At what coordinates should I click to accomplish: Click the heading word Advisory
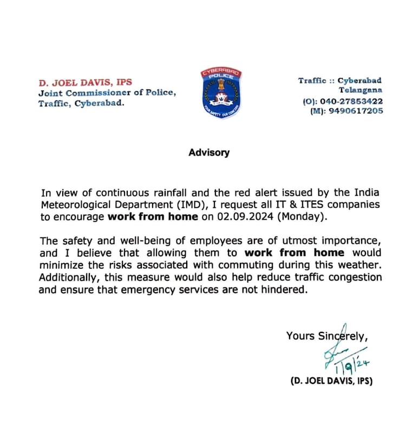209,152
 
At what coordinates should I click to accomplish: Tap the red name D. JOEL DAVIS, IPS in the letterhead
85,83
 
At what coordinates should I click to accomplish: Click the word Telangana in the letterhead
360,91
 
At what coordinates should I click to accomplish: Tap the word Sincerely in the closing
343,336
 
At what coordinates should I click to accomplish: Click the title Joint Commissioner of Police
107,93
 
